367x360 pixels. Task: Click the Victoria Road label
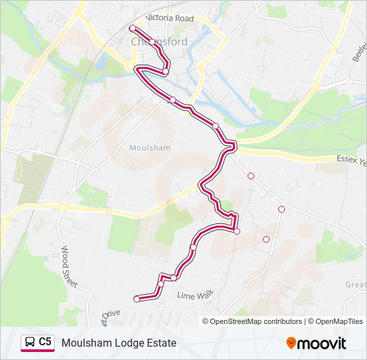(x=171, y=19)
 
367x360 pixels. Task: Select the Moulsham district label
(x=149, y=148)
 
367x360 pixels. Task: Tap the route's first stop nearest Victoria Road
(x=132, y=28)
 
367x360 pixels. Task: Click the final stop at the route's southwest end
(x=137, y=299)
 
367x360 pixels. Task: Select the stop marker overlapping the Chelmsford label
(x=152, y=42)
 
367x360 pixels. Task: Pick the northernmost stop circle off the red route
(x=251, y=176)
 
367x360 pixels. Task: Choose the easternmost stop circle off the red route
(x=282, y=209)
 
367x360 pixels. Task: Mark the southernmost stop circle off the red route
(x=266, y=239)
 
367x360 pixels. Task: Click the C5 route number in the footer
(x=45, y=342)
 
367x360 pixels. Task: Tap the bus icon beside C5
(x=30, y=343)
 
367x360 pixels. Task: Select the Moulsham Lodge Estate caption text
(x=119, y=343)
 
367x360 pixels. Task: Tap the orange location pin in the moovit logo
(x=291, y=343)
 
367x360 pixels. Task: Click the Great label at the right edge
(x=355, y=285)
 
